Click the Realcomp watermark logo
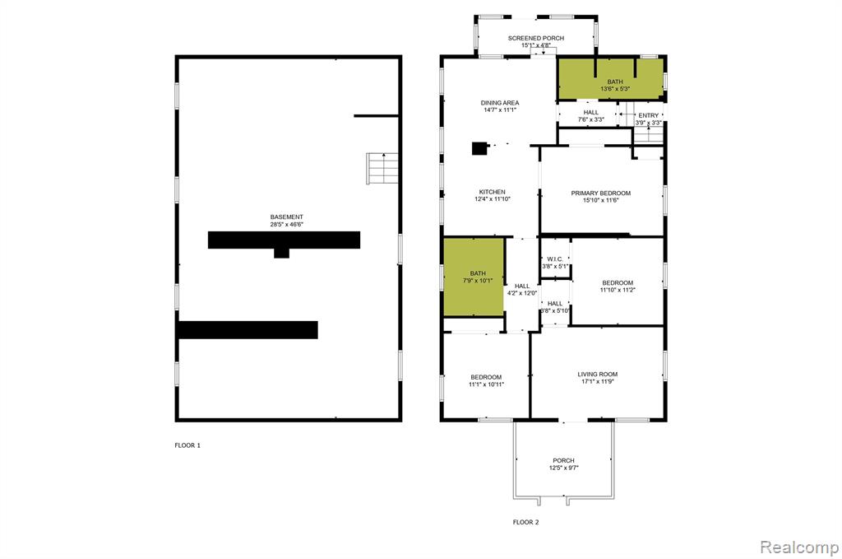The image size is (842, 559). (x=799, y=547)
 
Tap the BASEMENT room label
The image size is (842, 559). (x=287, y=217)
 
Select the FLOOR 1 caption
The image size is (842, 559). (x=187, y=445)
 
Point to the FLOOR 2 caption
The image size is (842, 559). (x=525, y=523)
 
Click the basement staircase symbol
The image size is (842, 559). (x=382, y=169)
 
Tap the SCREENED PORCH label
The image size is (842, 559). (x=536, y=38)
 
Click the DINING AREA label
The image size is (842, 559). (x=500, y=103)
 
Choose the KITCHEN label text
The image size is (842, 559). (x=493, y=192)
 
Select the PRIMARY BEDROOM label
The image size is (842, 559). (x=601, y=193)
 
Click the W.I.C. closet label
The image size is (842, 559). (x=555, y=259)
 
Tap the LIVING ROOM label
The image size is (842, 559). (x=598, y=375)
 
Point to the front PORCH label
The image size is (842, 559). (x=564, y=461)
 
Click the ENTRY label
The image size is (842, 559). (x=649, y=115)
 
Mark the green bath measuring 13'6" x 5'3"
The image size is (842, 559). (x=611, y=79)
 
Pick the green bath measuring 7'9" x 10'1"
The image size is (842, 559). (x=474, y=277)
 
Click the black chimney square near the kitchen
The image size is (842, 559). (x=479, y=148)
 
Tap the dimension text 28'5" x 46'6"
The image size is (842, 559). (x=287, y=225)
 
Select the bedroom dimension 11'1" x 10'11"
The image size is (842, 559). (x=487, y=384)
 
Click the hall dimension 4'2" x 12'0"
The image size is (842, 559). (x=522, y=293)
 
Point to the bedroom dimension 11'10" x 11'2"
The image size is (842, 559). (x=618, y=291)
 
